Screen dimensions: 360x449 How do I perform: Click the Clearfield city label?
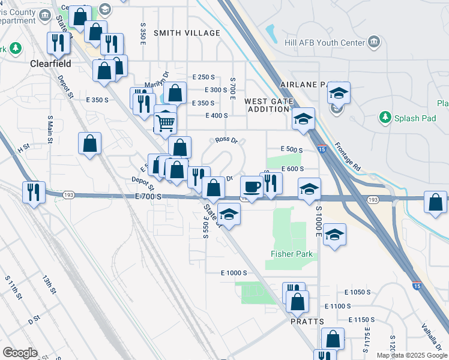pos(52,63)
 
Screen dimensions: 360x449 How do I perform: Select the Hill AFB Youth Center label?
pos(324,43)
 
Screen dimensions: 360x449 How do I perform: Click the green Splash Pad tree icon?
pos(385,118)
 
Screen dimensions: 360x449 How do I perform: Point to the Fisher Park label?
pos(292,254)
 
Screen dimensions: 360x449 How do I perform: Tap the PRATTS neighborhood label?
pos(308,322)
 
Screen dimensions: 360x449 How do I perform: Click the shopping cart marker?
pos(166,123)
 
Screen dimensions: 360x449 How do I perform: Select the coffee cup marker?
pos(252,187)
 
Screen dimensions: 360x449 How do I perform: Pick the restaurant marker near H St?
pos(33,192)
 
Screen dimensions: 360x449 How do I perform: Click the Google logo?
pos(20,353)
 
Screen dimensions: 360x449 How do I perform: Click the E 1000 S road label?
pos(234,273)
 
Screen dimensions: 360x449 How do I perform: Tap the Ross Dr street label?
pos(227,141)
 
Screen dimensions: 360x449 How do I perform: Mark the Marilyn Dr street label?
pos(157,84)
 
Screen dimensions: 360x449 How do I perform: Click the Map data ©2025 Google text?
pos(412,355)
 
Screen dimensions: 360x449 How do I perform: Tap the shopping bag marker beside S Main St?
pos(89,143)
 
